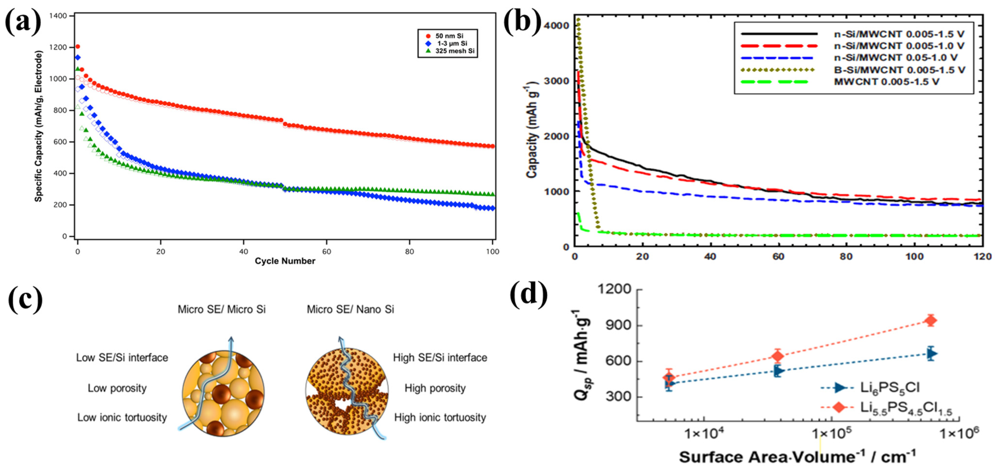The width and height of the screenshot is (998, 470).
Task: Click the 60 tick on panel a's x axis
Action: [x=326, y=252]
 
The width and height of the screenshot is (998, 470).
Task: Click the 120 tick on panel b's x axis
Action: [x=982, y=256]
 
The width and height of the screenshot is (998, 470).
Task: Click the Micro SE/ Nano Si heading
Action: [x=350, y=309]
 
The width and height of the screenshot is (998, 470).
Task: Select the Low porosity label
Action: [x=117, y=388]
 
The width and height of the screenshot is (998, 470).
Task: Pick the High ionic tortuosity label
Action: [x=440, y=417]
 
